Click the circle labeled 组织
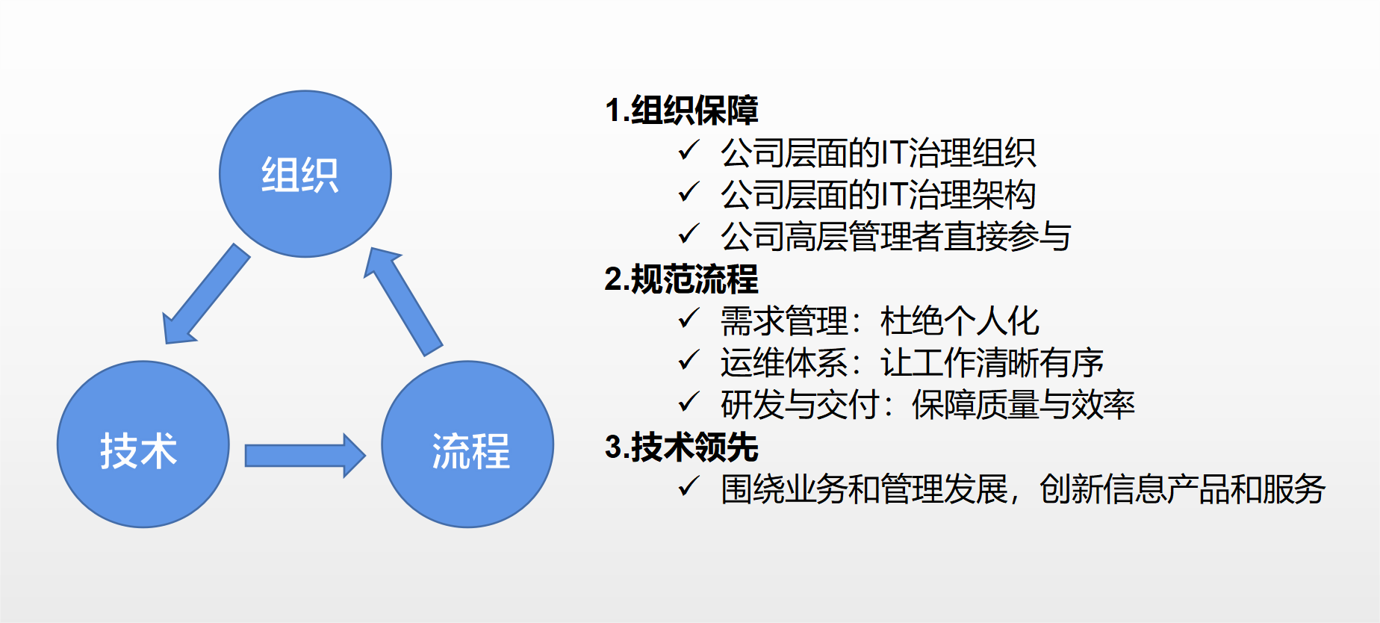pos(305,174)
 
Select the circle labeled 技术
pos(143,444)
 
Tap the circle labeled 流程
pos(467,444)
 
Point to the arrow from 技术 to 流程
pos(305,455)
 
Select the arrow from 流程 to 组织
pos(403,301)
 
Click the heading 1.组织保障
pos(682,111)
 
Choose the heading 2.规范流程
pos(682,279)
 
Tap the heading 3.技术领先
pos(682,447)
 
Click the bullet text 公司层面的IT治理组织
pos(878,153)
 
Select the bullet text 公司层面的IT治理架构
pos(878,195)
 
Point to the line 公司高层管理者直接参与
pos(896,237)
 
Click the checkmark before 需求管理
pos(689,319)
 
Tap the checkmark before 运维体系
pos(689,361)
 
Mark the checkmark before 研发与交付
pos(689,403)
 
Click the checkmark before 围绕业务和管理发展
pos(689,487)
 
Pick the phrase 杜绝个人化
pos(960,321)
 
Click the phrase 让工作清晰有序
pos(992,363)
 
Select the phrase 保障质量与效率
pos(1024,405)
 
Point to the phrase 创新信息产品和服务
pos(1183,489)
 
